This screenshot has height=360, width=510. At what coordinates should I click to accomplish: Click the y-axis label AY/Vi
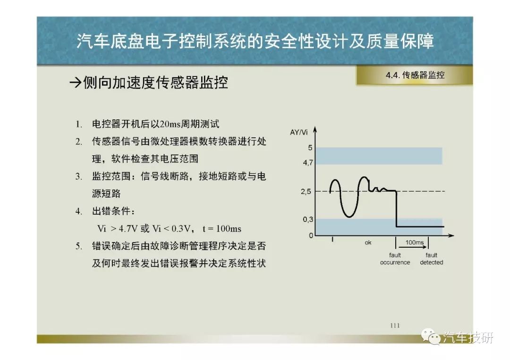point(298,132)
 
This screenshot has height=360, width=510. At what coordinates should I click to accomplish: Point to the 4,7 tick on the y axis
point(308,162)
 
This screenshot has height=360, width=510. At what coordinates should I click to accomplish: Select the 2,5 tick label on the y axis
point(306,192)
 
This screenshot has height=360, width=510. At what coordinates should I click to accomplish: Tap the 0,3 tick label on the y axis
point(308,220)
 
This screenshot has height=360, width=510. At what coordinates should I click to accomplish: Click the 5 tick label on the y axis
point(310,148)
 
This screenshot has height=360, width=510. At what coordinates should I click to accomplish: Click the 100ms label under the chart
point(415,243)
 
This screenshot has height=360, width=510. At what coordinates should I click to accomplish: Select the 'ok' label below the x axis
point(368,243)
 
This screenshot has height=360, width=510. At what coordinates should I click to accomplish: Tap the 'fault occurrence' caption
point(395,259)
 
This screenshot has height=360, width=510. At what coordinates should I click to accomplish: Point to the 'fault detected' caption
point(431,259)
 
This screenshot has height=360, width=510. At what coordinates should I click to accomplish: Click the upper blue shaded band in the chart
point(379,156)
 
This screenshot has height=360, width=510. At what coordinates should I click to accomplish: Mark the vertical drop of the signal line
point(396,209)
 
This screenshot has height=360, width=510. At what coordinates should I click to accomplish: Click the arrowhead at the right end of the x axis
point(451,235)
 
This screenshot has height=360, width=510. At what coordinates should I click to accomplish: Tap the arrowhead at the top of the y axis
point(315,130)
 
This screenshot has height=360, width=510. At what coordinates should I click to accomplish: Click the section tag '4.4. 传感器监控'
point(415,75)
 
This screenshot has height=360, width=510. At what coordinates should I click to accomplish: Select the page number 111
point(395,325)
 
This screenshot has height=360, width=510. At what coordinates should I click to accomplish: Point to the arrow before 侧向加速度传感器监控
point(75,83)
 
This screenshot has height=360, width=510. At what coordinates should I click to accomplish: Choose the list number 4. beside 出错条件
point(79,211)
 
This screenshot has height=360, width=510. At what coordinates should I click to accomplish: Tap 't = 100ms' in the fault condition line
point(222,229)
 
